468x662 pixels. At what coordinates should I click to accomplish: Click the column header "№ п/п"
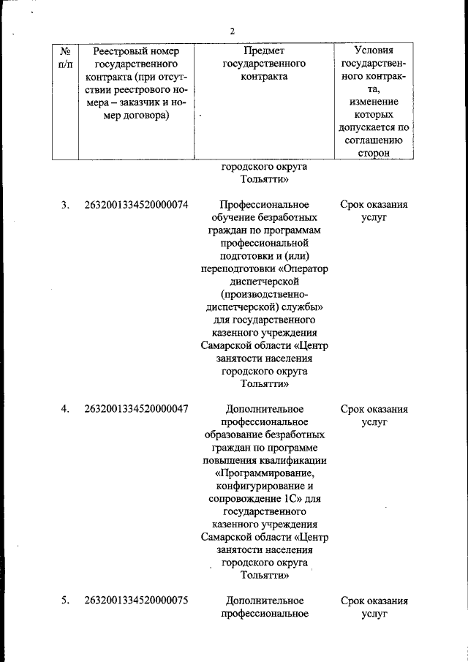click(x=65, y=58)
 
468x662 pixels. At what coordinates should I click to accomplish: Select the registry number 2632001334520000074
click(x=137, y=205)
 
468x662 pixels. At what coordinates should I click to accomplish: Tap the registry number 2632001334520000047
click(x=137, y=409)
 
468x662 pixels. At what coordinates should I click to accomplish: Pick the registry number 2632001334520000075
click(x=137, y=601)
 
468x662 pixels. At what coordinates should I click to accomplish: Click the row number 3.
click(x=65, y=205)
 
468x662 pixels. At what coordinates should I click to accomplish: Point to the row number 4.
click(x=65, y=409)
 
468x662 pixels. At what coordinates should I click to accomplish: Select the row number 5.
click(x=65, y=601)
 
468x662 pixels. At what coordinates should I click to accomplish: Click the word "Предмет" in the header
click(x=263, y=51)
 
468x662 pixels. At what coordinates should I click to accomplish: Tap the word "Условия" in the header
click(x=373, y=51)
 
